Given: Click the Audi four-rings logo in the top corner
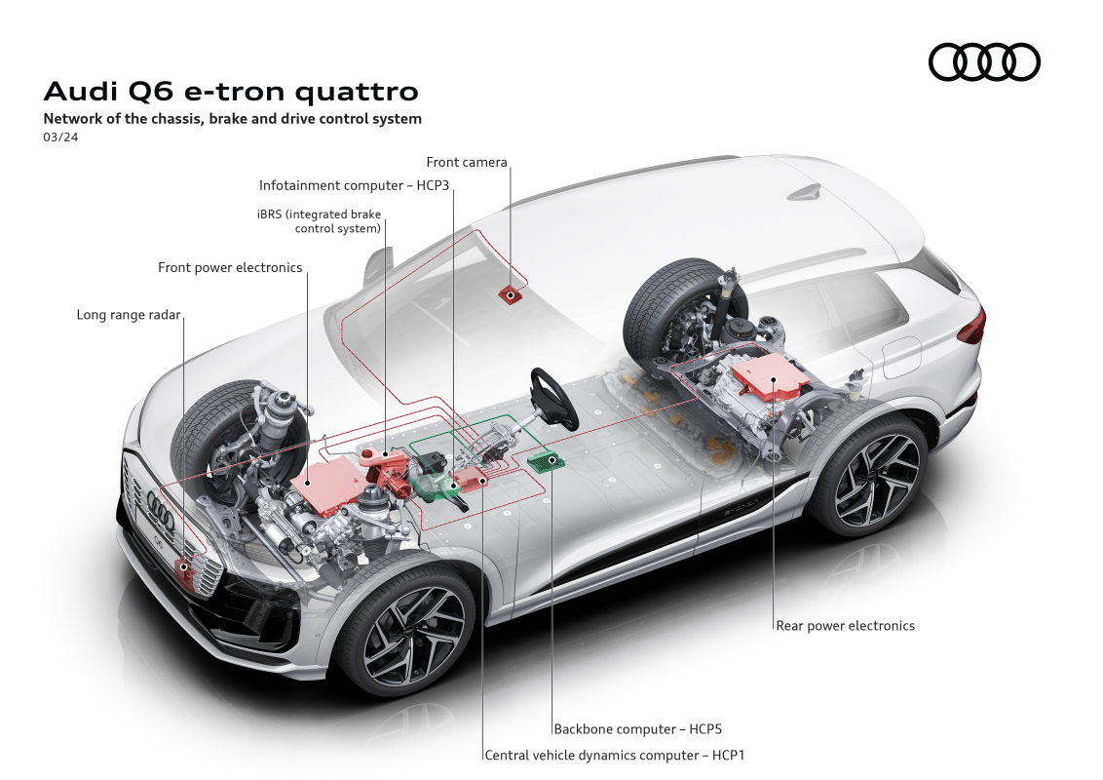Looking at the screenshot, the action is point(984,62).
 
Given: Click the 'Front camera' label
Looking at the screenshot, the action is point(467,162).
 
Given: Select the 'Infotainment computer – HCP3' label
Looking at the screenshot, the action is point(354,185).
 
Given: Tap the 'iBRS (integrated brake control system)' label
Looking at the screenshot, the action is point(320,221).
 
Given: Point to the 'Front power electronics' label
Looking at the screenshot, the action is point(230,267).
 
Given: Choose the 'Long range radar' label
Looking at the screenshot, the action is point(129,315).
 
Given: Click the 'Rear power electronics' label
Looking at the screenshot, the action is point(846,625).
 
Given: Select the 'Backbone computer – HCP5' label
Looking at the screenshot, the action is point(638,729).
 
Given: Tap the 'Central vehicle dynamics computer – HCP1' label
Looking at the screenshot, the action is point(615,756).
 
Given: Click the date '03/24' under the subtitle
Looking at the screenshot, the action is point(60,137).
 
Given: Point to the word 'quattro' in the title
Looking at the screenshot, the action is point(357,92).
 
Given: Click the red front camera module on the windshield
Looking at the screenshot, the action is point(510,294).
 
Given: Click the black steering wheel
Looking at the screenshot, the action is point(554,398).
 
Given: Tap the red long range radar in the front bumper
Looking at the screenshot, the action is point(185,567).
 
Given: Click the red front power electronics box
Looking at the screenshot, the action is point(330,483).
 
